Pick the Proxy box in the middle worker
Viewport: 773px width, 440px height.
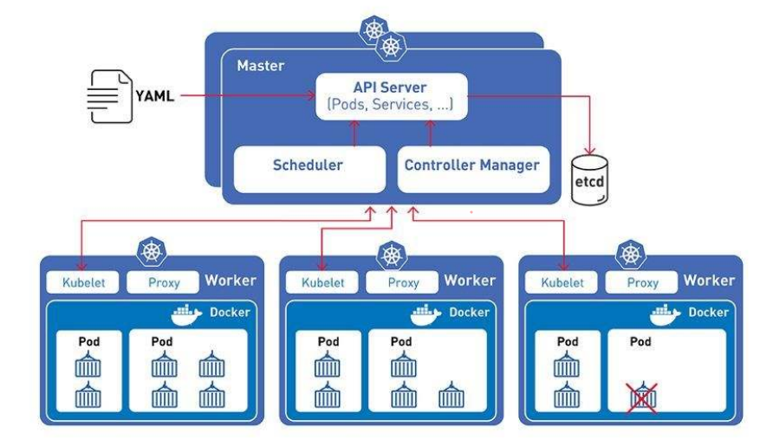(402, 282)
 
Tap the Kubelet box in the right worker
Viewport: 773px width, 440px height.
(562, 281)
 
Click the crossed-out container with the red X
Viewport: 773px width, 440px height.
(642, 397)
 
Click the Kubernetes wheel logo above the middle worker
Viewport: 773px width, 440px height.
(391, 256)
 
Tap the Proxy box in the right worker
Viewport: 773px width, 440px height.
(642, 281)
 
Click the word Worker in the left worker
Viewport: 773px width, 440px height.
(230, 281)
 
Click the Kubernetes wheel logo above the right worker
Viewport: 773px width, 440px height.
(630, 255)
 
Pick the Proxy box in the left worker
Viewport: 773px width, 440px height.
(163, 281)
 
